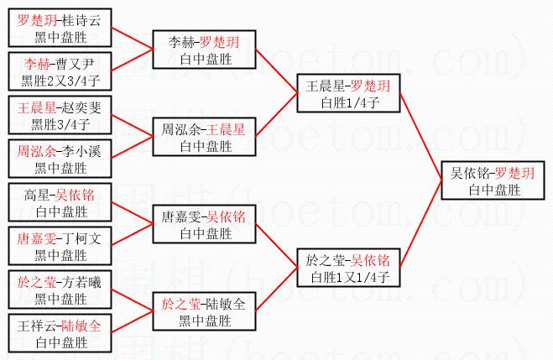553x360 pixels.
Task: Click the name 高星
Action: (x=38, y=196)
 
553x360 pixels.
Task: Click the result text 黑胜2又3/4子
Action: (x=61, y=81)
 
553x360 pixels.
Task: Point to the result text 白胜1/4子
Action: (x=347, y=102)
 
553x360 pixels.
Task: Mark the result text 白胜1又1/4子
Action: (x=347, y=276)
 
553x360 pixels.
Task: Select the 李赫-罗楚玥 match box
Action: (x=204, y=50)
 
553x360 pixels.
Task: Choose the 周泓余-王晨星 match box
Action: (x=204, y=137)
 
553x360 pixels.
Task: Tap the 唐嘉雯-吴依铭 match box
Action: (x=204, y=224)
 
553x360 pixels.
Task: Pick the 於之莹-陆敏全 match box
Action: (x=204, y=310)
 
